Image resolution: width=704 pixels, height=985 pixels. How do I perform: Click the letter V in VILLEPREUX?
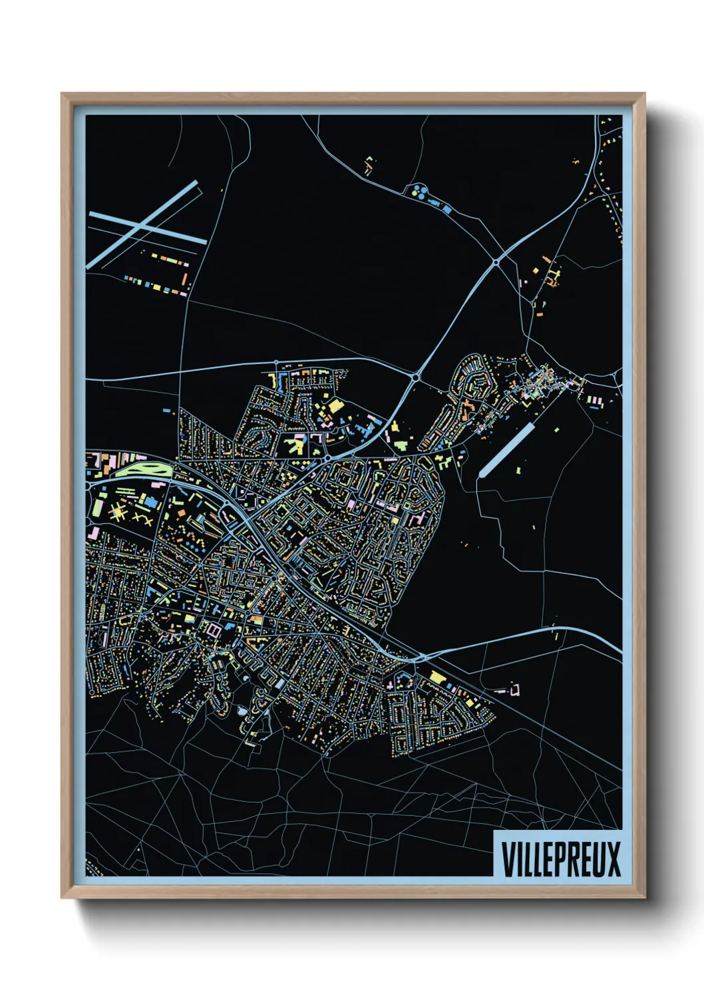508,859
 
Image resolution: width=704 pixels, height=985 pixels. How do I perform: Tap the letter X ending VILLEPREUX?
613,859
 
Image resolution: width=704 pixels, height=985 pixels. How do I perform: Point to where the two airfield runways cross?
140,225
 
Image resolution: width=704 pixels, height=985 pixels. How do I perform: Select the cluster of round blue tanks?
419,191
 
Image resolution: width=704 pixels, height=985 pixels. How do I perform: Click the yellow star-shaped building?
119,512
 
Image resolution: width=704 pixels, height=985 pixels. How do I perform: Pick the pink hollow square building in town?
214,628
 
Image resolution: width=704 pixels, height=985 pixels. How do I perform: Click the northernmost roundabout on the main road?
496,263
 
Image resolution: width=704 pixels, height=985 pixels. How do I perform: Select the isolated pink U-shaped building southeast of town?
514,689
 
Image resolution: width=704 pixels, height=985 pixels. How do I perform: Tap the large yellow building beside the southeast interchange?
437,677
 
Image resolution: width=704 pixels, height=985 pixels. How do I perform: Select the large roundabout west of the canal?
416,377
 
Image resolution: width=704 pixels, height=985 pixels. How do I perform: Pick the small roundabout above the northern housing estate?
276,363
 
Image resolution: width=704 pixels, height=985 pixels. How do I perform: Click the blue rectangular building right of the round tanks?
447,209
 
